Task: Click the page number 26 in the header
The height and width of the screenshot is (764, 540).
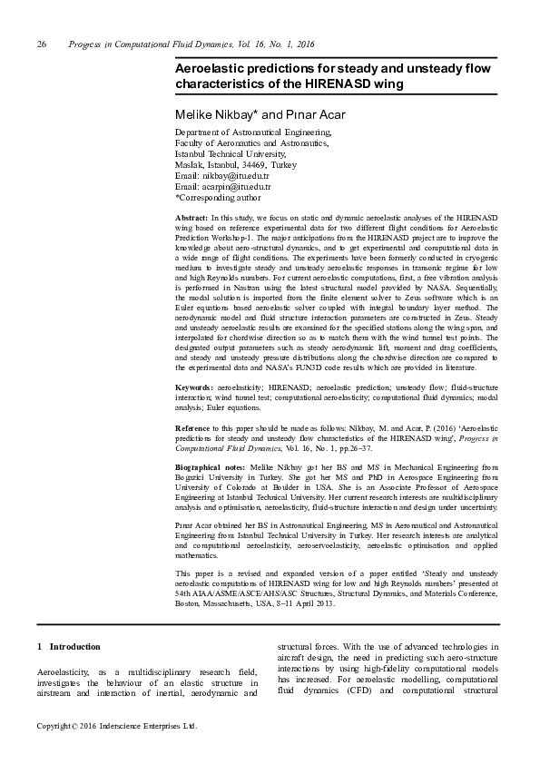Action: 41,44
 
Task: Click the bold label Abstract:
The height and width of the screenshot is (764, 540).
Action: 191,219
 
